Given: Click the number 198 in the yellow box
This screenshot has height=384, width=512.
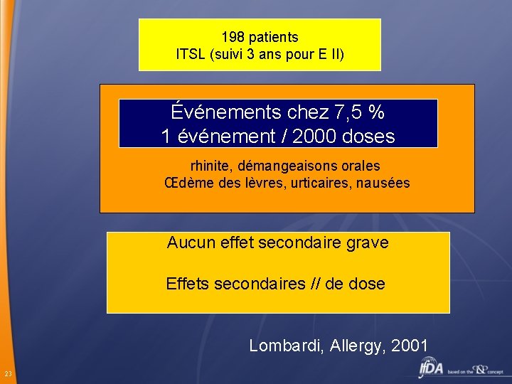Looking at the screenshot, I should click(x=233, y=37).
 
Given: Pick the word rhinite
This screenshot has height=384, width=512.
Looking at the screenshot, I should click(x=210, y=166).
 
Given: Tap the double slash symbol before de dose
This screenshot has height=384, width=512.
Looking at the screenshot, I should click(x=318, y=284).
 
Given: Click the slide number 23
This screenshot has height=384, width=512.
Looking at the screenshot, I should click(x=7, y=374).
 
